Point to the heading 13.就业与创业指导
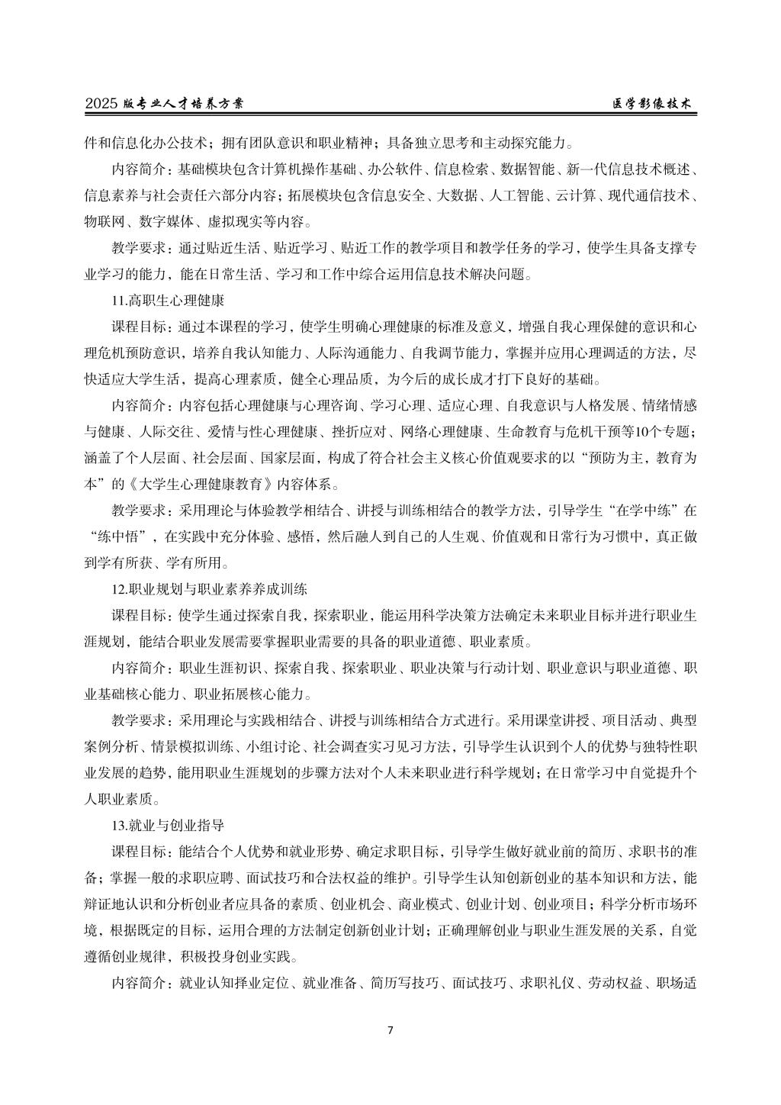[x=168, y=826]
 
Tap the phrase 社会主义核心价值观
[x=474, y=459]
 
